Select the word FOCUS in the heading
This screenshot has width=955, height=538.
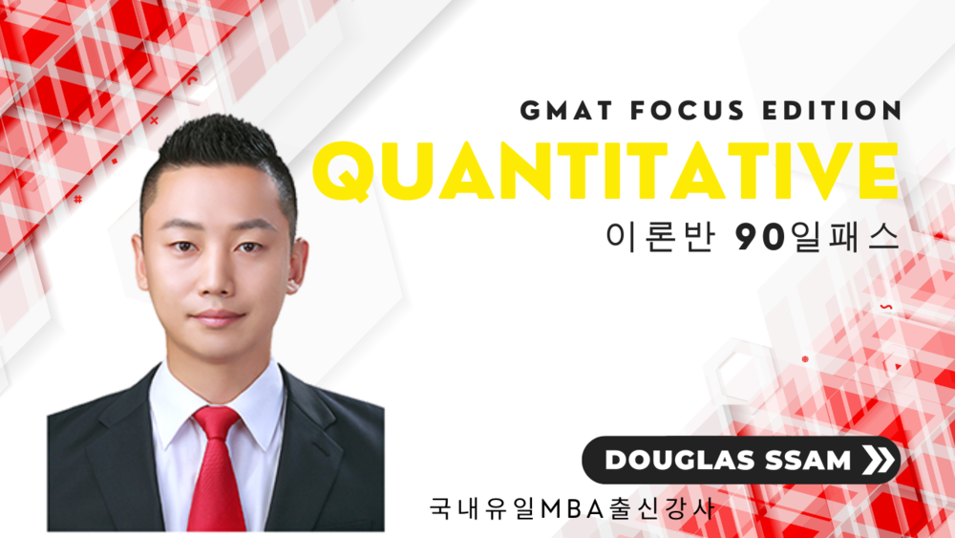click(x=688, y=111)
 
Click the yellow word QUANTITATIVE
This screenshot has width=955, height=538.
click(x=606, y=171)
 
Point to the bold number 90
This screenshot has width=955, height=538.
click(x=760, y=237)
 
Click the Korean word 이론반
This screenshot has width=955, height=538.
click(x=660, y=237)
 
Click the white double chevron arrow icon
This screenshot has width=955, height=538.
click(x=879, y=460)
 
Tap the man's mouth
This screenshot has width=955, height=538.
click(x=216, y=317)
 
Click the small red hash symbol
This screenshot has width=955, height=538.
click(x=78, y=199)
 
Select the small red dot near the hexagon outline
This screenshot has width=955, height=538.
click(x=805, y=359)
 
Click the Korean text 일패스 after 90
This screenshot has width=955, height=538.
click(x=844, y=237)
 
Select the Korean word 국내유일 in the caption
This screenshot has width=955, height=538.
click(x=483, y=508)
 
